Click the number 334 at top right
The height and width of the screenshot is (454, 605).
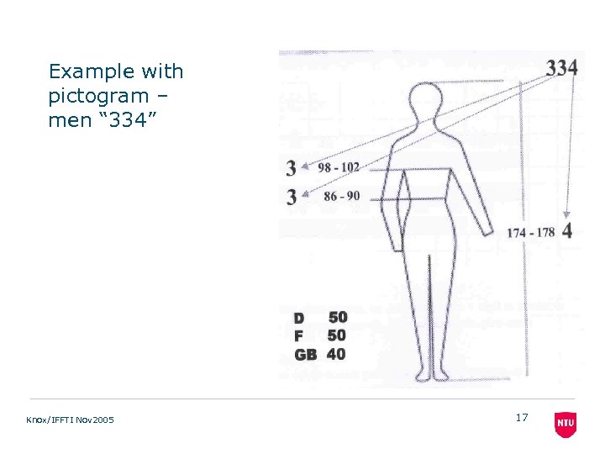coord(561,68)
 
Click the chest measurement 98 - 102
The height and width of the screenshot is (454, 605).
coord(338,167)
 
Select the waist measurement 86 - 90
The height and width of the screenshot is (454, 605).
coord(341,196)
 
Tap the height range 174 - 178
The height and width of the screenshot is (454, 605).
coord(531,232)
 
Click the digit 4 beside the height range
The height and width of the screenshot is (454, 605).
coord(568,230)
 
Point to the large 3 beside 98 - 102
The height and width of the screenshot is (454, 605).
coord(291,168)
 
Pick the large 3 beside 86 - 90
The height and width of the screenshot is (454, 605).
coord(291,197)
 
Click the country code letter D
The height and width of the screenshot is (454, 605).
coord(299,319)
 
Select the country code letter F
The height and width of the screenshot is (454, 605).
coord(298,336)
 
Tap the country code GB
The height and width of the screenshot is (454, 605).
coord(306,355)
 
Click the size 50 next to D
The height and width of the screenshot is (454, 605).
coord(337,317)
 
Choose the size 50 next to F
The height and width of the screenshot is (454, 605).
coord(337,335)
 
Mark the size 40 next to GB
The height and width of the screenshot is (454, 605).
coord(336,354)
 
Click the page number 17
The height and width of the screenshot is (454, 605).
coord(522,417)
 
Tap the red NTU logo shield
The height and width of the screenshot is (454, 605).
coord(566,425)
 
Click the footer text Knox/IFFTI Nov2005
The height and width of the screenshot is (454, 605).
coord(71,420)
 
